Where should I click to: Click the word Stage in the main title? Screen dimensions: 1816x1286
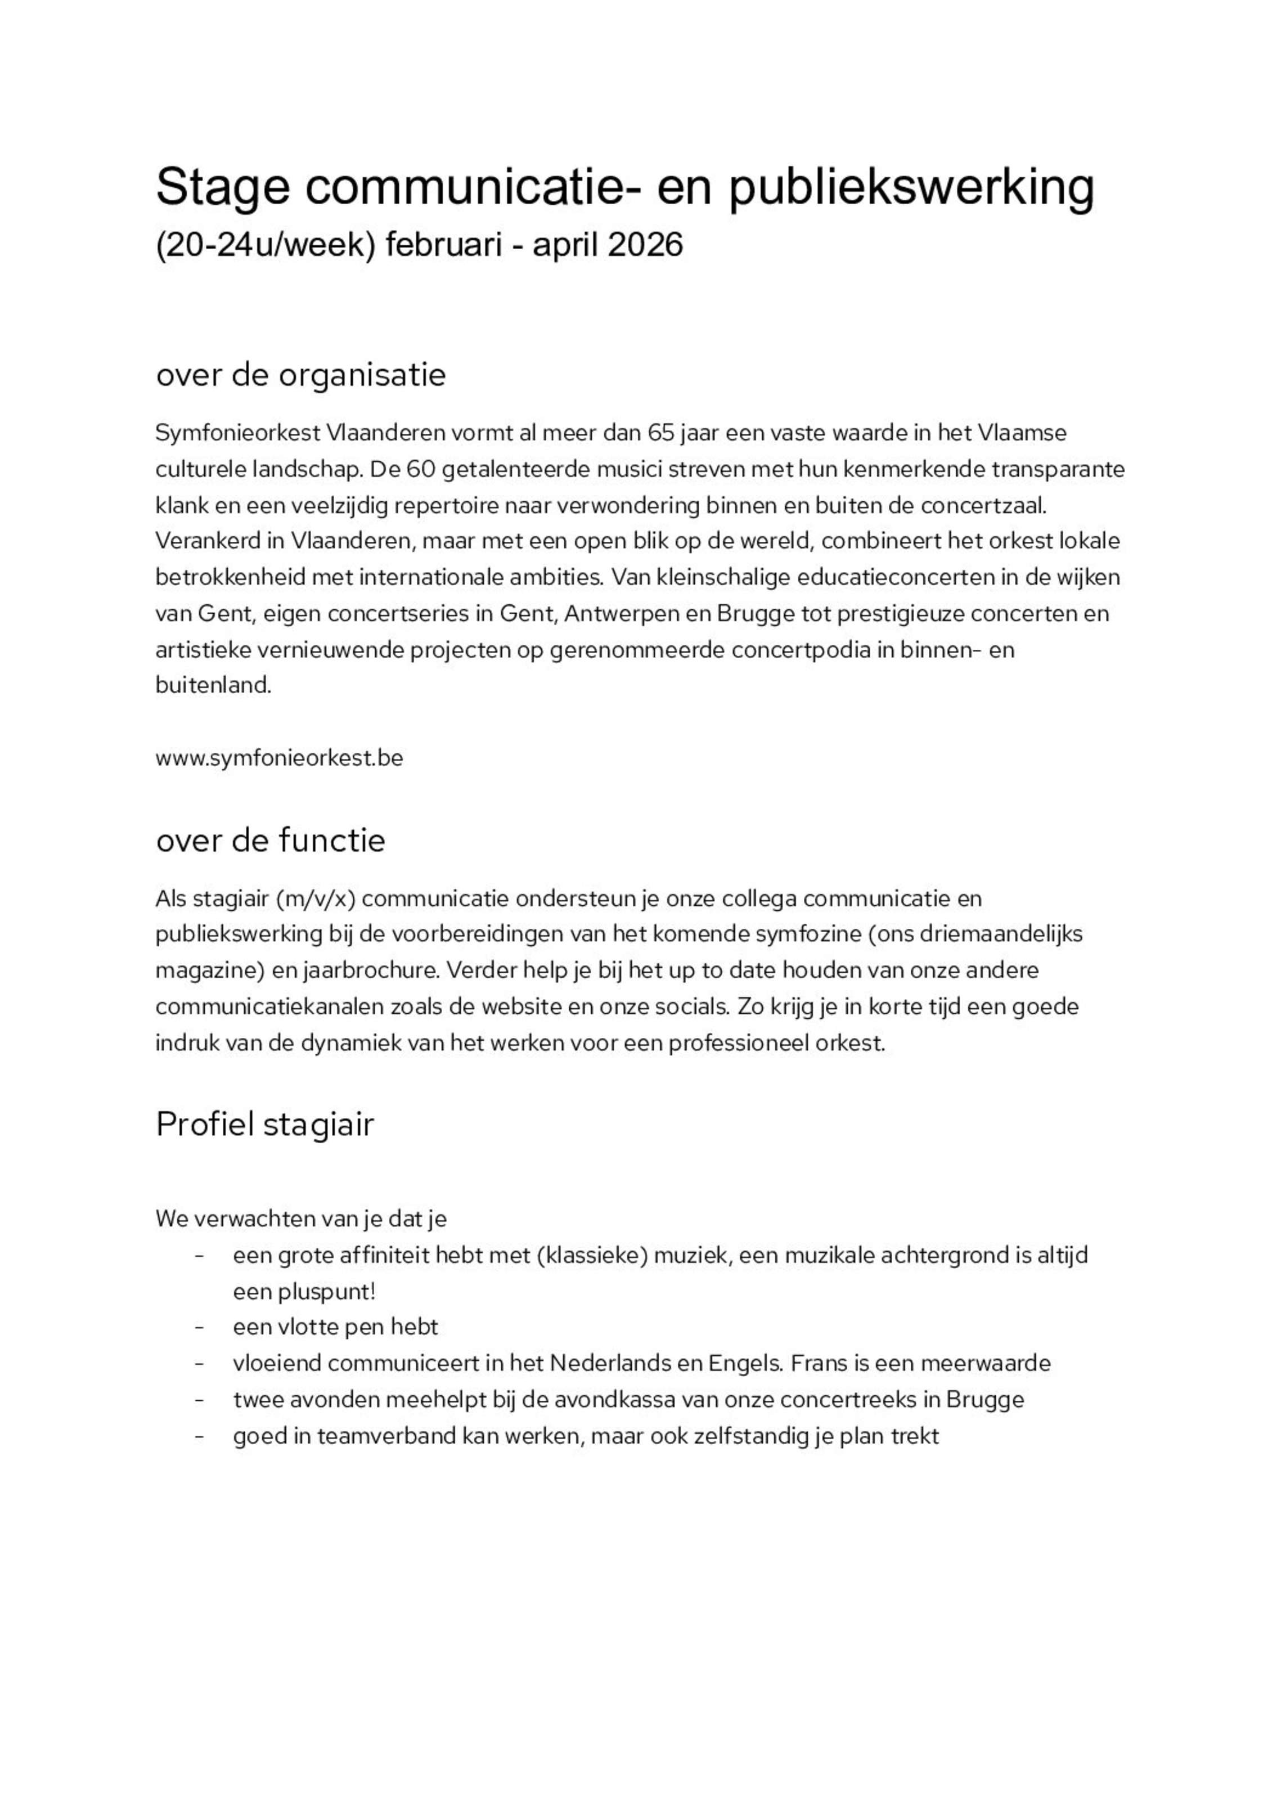[223, 188]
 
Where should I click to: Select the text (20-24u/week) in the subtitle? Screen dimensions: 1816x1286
[264, 245]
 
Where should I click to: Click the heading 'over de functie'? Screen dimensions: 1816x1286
[270, 840]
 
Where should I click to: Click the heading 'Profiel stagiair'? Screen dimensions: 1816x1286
[264, 1125]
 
